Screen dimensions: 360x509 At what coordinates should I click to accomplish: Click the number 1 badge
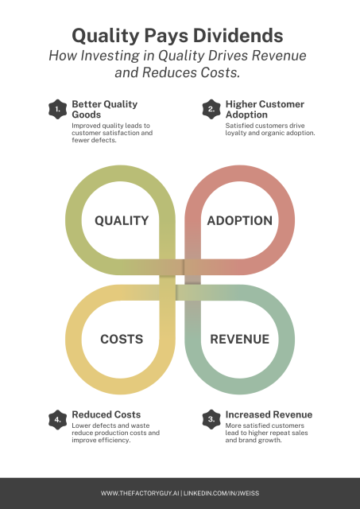point(58,109)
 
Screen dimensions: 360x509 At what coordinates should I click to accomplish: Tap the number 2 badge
point(211,109)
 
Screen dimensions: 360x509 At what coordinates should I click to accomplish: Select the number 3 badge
point(211,419)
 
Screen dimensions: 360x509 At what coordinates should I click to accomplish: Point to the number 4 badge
point(58,419)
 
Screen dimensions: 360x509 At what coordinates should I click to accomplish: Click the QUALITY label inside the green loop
point(122,221)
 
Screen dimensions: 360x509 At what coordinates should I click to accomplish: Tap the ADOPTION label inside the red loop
point(240,221)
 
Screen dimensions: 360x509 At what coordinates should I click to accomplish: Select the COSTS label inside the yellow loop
point(122,340)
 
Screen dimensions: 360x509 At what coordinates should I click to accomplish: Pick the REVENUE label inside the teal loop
point(240,340)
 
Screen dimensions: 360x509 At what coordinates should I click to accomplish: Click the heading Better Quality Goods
point(104,110)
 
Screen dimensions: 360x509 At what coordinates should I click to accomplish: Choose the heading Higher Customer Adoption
point(265,110)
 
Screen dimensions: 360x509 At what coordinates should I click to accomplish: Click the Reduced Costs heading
point(106,414)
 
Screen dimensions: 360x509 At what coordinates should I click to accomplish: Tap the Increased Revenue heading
point(269,414)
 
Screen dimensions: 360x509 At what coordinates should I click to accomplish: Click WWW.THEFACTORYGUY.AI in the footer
point(140,493)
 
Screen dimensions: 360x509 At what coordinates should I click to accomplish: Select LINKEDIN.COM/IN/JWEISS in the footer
point(221,493)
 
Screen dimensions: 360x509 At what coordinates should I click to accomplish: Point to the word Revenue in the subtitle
point(279,56)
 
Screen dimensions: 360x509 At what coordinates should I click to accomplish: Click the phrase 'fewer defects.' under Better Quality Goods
point(94,140)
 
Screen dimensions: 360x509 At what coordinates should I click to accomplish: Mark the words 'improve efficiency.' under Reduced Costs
point(101,440)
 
